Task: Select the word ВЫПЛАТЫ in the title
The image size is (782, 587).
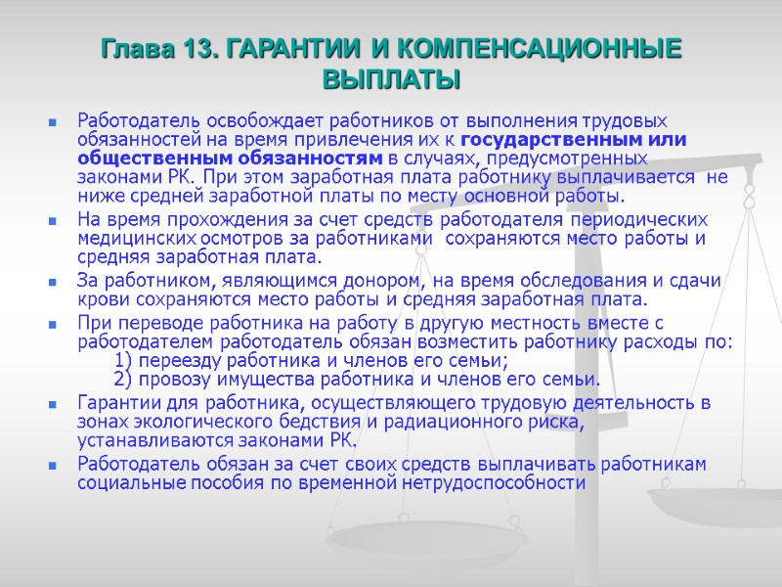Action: (391, 78)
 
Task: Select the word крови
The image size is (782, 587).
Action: (100, 300)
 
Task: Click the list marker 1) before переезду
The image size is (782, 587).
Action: (124, 361)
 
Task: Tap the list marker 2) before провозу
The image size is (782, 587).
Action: (124, 380)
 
